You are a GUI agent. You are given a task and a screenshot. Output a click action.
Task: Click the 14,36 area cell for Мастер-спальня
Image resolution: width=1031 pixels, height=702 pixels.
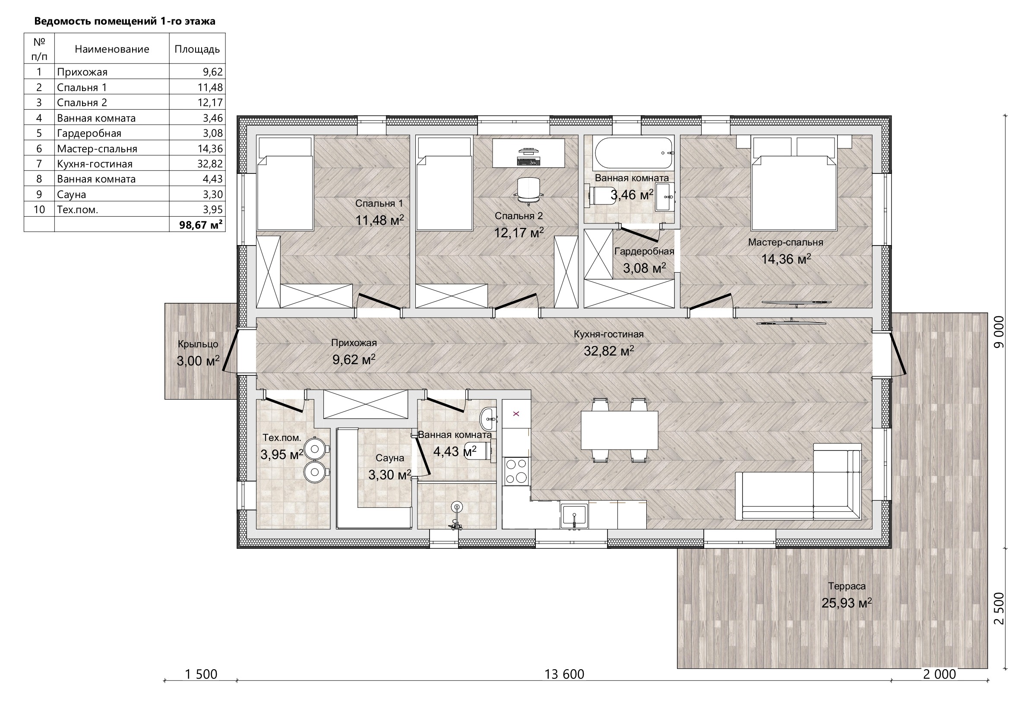[x=210, y=148]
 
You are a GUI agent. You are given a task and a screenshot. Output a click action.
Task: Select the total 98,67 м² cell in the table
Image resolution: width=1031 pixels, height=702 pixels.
[x=200, y=224]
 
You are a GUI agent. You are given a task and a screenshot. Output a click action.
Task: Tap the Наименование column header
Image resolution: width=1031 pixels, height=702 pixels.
[x=112, y=49]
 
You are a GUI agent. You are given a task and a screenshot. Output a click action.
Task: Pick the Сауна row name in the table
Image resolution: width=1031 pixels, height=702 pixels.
[x=71, y=194]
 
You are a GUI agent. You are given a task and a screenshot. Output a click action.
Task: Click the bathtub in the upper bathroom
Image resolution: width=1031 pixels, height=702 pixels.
[x=633, y=153]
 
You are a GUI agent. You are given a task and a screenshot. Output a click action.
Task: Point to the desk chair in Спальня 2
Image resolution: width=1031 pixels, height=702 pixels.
[x=529, y=191]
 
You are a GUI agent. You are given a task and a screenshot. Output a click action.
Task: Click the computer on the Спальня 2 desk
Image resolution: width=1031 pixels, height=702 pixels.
[x=528, y=157]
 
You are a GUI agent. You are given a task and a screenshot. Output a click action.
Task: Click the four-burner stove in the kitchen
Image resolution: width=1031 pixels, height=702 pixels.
[x=516, y=471]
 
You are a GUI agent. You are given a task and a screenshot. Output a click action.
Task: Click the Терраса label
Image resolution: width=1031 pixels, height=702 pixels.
[x=847, y=586]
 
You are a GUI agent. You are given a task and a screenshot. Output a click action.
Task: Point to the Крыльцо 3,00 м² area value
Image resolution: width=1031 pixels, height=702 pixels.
[x=198, y=361]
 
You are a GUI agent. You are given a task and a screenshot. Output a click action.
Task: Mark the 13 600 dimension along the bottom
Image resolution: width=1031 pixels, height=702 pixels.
[x=564, y=674]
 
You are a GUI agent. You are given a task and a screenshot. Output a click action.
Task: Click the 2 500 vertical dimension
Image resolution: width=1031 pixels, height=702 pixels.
[x=999, y=608]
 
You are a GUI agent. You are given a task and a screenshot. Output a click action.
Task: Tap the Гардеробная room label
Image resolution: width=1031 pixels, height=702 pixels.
[x=644, y=251]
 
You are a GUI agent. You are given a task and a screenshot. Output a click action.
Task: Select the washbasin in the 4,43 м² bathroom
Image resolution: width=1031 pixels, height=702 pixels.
[x=488, y=418]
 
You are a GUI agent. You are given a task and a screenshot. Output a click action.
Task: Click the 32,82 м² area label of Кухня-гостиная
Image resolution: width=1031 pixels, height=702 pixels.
[x=609, y=351]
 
